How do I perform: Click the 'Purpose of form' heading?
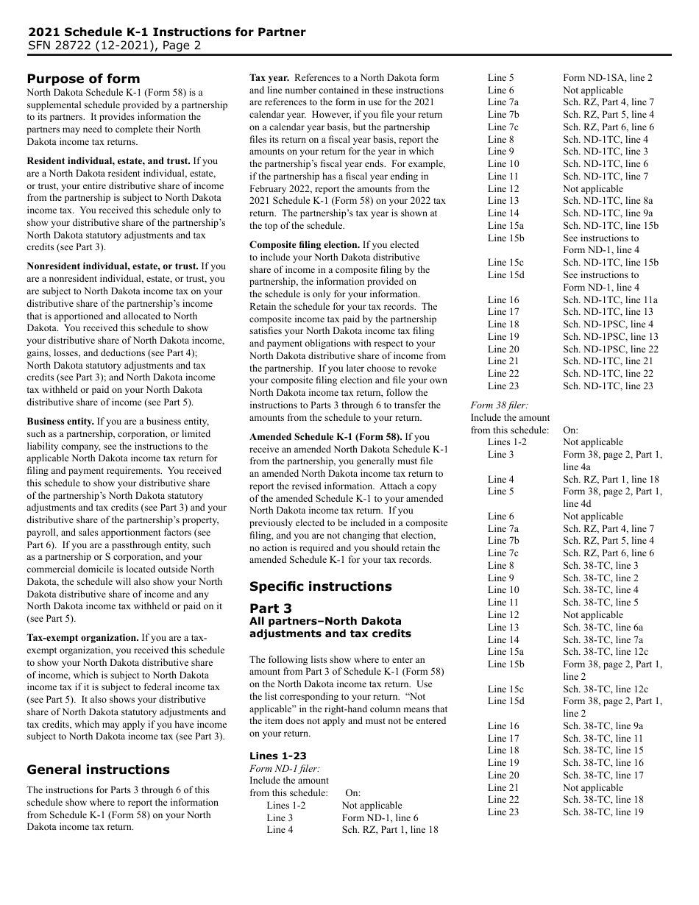[83, 79]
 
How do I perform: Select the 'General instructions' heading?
[98, 770]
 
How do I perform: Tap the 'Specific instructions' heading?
[320, 586]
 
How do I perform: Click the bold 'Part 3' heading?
[270, 608]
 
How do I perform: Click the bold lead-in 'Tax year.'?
[269, 77]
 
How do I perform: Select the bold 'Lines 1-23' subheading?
[277, 756]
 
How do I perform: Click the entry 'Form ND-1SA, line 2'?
[607, 77]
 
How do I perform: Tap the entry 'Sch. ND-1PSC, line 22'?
[611, 349]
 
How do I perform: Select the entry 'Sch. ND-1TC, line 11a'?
[610, 299]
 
